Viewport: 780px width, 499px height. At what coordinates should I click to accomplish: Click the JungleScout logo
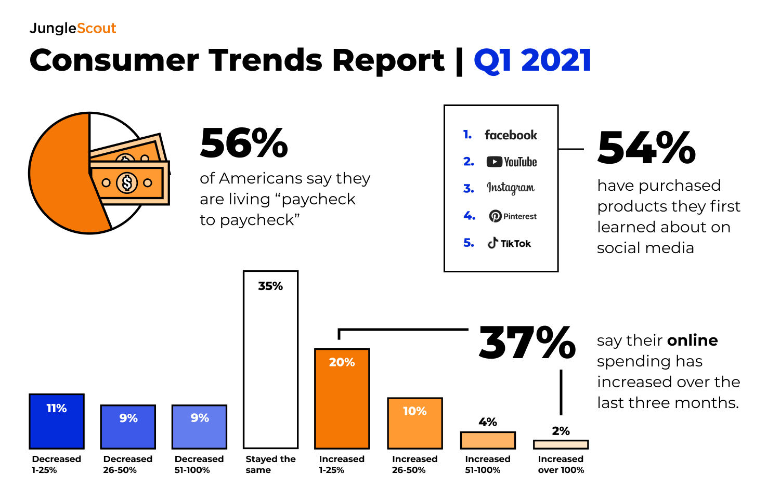(x=73, y=28)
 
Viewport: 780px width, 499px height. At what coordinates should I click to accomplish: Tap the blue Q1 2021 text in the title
(x=532, y=60)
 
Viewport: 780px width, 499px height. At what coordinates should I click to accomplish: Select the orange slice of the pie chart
(x=57, y=177)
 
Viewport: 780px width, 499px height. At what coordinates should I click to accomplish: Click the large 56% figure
(x=244, y=143)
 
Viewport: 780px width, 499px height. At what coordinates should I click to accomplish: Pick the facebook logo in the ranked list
(x=511, y=135)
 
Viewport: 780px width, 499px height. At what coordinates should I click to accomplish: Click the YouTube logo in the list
(x=512, y=162)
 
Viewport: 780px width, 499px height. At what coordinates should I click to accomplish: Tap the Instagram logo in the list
(x=511, y=188)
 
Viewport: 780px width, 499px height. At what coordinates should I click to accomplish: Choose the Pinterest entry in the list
(x=513, y=216)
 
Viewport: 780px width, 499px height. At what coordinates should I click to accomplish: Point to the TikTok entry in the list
(x=510, y=243)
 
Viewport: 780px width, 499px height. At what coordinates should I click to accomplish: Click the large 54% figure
(x=646, y=148)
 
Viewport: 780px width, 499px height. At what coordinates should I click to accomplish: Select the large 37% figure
(x=527, y=343)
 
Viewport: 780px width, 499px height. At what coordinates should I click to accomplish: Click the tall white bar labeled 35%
(x=270, y=364)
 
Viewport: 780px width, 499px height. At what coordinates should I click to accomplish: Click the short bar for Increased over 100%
(x=561, y=444)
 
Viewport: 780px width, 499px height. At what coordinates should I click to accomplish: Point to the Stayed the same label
(x=270, y=464)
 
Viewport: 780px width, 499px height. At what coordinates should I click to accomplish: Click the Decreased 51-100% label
(x=199, y=464)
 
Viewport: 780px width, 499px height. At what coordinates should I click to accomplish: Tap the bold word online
(x=692, y=340)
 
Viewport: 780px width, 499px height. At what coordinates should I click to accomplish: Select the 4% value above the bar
(x=488, y=422)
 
